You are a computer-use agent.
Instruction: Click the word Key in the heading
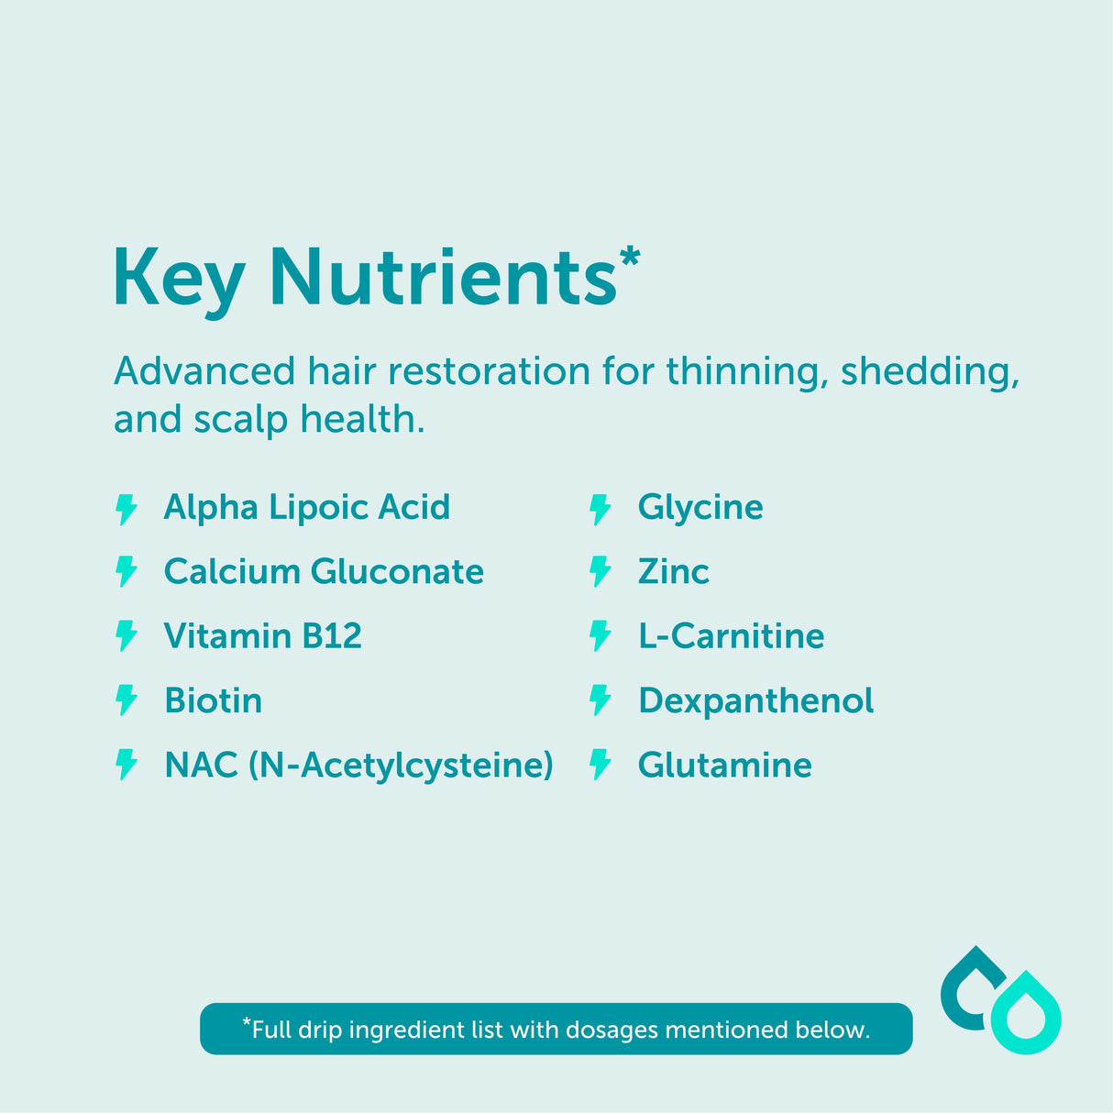(x=179, y=281)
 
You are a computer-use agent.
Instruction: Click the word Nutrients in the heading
(x=444, y=277)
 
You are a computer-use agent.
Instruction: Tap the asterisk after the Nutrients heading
(x=630, y=257)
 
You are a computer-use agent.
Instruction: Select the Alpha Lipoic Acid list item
(x=307, y=508)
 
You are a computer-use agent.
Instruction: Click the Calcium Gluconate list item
(x=324, y=572)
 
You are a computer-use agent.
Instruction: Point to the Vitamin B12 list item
(x=263, y=636)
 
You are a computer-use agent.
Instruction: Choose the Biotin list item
(x=213, y=700)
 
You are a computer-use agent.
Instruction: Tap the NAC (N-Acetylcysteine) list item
(x=358, y=766)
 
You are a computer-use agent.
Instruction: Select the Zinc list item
(x=674, y=572)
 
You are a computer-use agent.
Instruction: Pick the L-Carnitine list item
(x=732, y=636)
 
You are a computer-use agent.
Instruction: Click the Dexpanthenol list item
(x=756, y=701)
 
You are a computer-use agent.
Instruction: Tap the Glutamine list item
(x=725, y=766)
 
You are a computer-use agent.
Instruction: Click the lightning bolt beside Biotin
(x=126, y=700)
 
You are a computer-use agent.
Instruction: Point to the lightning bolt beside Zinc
(x=601, y=572)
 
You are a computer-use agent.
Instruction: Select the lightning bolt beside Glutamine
(x=601, y=765)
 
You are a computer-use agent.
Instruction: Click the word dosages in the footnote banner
(x=612, y=1030)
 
